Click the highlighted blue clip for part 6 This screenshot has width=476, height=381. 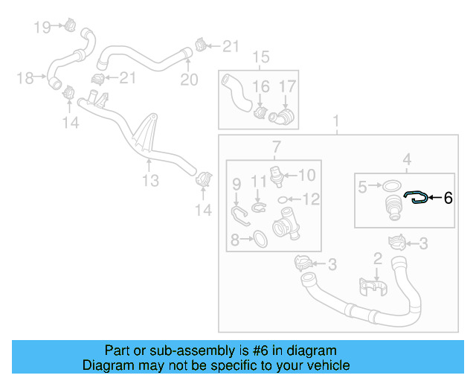415,197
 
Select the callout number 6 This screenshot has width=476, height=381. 448,198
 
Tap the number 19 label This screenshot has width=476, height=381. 42,28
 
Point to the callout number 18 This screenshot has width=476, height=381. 24,77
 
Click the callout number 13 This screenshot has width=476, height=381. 151,180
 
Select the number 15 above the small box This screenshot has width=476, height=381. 260,57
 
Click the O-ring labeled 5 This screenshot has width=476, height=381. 393,186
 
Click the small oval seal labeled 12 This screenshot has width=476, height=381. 283,199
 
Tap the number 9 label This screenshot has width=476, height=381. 237,183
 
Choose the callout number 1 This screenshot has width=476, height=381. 336,121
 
